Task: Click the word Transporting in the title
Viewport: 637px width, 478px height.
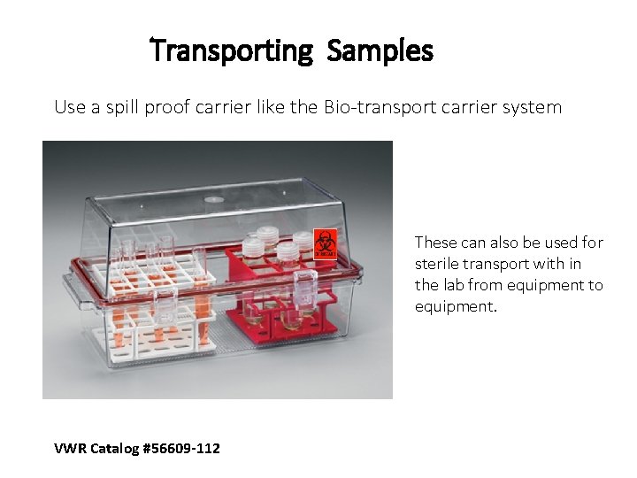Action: (x=232, y=50)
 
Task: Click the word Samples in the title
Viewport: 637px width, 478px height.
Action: (x=380, y=50)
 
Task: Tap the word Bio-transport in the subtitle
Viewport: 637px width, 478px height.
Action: (x=374, y=108)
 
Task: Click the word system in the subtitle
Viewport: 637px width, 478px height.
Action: (x=531, y=108)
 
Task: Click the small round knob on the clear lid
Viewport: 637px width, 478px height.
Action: (x=214, y=199)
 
